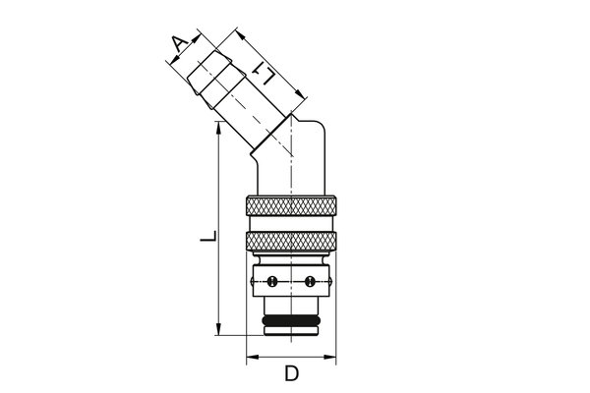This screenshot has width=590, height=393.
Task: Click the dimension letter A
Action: click(178, 44)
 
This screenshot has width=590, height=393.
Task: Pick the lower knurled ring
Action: click(291, 244)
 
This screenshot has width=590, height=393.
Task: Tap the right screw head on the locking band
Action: click(310, 283)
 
